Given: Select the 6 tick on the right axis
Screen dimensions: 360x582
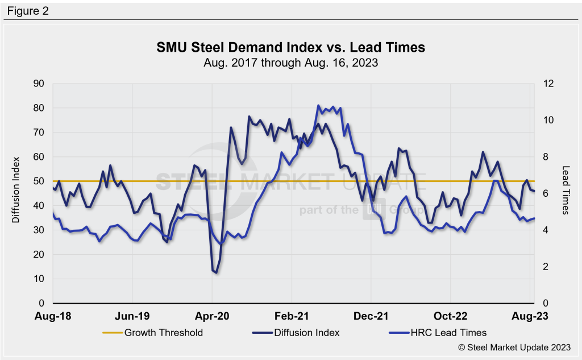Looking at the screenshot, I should tap(541, 193).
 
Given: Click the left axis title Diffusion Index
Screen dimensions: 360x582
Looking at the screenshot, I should tap(16, 189).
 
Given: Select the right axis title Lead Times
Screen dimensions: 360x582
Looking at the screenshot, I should tap(566, 190).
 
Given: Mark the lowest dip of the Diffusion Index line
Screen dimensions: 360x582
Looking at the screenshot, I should tap(216, 273).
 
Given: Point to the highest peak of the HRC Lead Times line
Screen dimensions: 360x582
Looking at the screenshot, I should tap(318, 105).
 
